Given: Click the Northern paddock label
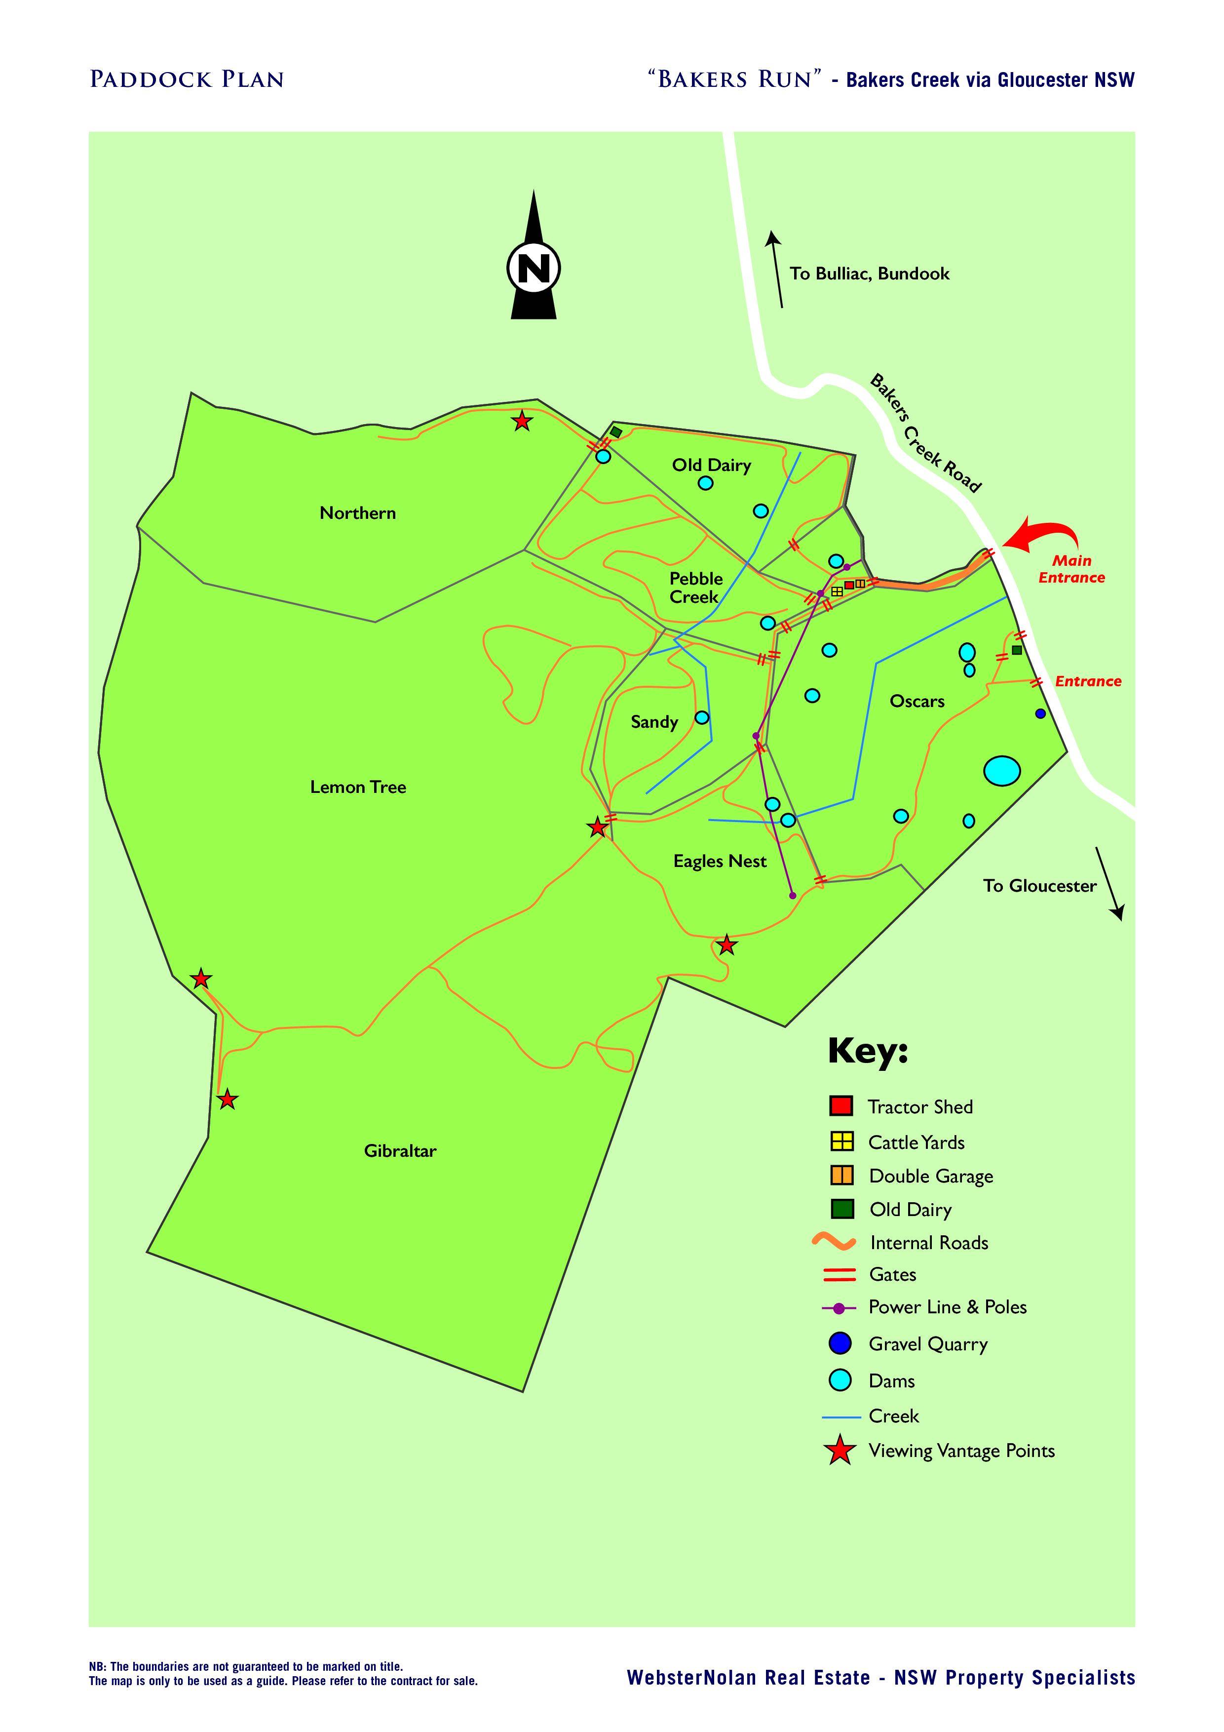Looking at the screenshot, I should (357, 513).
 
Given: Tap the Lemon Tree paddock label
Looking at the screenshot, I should (358, 787).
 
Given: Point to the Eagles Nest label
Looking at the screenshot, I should (720, 862).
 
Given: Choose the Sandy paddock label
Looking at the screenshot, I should (654, 722).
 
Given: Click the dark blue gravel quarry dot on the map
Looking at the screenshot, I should (1041, 713).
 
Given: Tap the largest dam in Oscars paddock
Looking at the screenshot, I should (1002, 771).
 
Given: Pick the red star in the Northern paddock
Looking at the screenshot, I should (522, 421).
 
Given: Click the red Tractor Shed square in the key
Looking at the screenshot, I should (841, 1106).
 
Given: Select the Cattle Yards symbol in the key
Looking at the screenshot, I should (841, 1142).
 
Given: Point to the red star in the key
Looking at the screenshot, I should (840, 1451).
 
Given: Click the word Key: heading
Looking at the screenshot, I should (868, 1050).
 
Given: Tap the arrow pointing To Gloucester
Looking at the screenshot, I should (1109, 883).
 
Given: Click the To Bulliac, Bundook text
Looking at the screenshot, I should (869, 274).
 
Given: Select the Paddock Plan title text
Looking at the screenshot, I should (186, 79).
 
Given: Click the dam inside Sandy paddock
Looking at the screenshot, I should (701, 717).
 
